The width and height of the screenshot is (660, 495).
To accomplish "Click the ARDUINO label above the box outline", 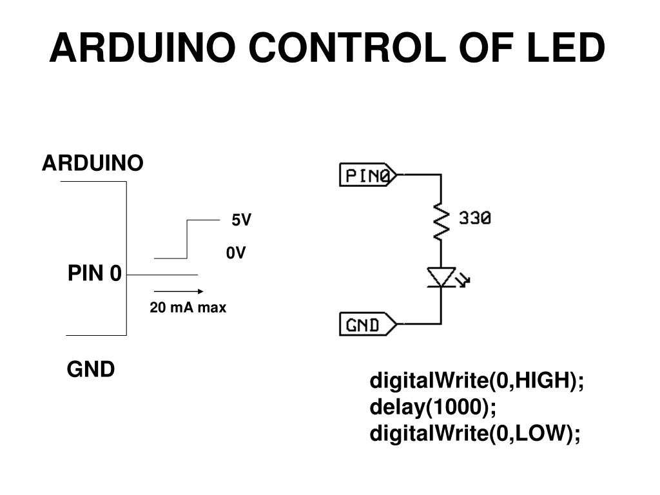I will (x=93, y=164).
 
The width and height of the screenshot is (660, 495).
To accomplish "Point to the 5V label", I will (x=241, y=220).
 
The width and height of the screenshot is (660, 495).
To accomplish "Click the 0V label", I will (x=236, y=253).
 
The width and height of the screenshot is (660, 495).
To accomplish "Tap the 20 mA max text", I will (x=188, y=308).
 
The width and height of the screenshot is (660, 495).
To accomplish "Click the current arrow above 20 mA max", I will (x=179, y=291).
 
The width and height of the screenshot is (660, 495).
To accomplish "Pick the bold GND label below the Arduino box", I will (x=91, y=369).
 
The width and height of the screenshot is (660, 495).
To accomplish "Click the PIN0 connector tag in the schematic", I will (x=367, y=175).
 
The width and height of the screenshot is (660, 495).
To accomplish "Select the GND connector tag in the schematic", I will (x=367, y=324).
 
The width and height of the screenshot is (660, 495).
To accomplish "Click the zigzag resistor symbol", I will (x=441, y=221).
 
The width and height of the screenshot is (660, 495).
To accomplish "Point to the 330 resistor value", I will (x=475, y=219).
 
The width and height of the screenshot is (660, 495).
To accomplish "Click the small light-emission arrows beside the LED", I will (x=463, y=279).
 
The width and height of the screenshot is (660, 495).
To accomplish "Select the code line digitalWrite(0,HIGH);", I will (x=476, y=381).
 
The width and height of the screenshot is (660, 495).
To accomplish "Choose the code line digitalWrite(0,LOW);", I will (x=475, y=434).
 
